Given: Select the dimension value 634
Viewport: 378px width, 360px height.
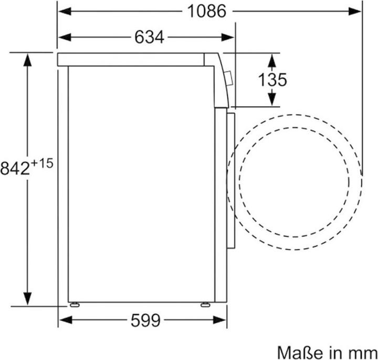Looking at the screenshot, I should pyautogui.click(x=150, y=37).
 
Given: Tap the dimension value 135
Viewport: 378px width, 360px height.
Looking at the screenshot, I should pyautogui.click(x=272, y=80).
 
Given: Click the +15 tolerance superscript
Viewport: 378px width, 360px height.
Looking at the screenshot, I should pyautogui.click(x=43, y=163).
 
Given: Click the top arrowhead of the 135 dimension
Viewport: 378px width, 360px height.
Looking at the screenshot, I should pyautogui.click(x=271, y=57).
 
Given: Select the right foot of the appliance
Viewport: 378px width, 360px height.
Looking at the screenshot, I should pyautogui.click(x=206, y=304).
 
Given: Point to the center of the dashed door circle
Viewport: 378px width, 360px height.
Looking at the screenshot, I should pyautogui.click(x=294, y=181).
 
